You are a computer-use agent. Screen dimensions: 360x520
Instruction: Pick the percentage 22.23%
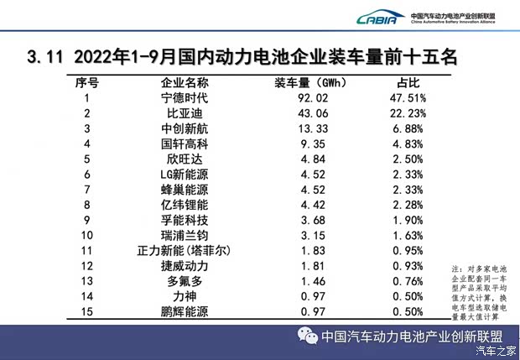point(410,113)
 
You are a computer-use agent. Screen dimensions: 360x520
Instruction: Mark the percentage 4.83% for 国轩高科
point(410,143)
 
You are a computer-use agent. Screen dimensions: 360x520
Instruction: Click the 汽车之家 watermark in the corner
point(496,350)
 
